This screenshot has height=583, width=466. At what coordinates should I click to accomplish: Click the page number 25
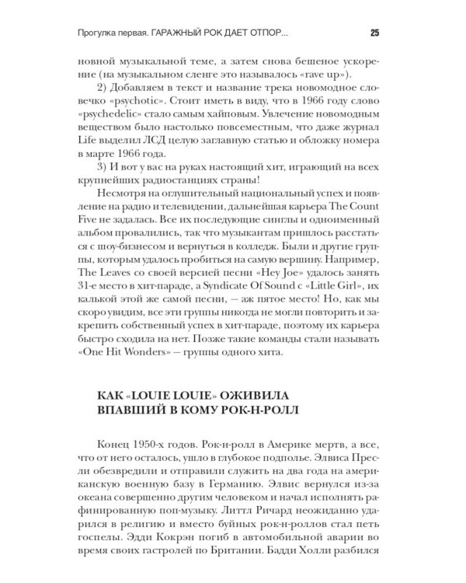point(374,33)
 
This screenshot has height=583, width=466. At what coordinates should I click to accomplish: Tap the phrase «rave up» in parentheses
point(318,75)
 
